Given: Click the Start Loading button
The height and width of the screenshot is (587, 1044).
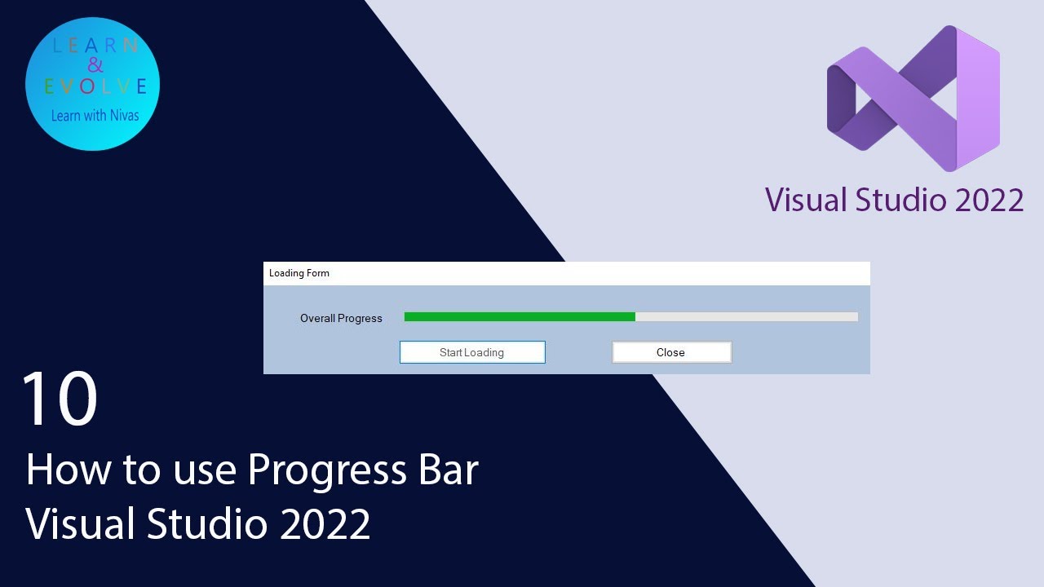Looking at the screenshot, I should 472,352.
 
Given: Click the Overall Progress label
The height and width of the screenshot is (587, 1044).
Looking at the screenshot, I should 341,318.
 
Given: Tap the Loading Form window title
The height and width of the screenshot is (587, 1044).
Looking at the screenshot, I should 299,273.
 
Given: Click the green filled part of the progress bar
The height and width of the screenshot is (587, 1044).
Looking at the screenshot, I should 520,316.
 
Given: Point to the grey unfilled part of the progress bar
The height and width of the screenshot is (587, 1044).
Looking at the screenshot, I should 746,316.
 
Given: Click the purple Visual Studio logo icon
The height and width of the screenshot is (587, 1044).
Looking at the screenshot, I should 913,99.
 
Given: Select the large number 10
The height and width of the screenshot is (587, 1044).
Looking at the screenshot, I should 60,399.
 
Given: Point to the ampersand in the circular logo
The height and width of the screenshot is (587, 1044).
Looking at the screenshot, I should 95,66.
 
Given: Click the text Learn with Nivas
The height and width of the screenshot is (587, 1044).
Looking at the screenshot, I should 95,116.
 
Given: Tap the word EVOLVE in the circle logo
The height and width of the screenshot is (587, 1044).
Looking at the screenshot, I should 95,86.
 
